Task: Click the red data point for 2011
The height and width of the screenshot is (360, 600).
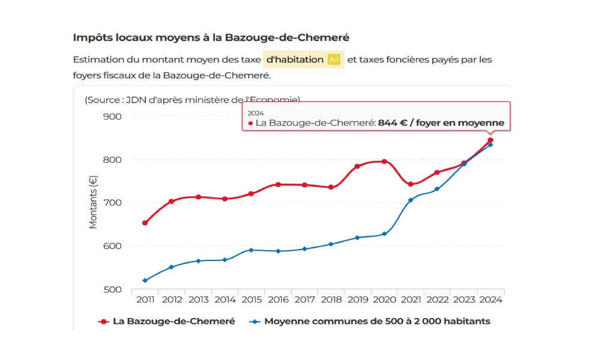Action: [x=145, y=223]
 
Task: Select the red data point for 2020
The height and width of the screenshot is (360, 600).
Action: [x=384, y=161]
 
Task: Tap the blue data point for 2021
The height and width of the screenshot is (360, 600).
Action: [x=411, y=200]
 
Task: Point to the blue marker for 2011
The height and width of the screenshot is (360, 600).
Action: [x=145, y=280]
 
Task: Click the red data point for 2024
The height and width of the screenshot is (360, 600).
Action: [x=490, y=140]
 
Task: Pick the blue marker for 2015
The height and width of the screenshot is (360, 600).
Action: [x=251, y=250]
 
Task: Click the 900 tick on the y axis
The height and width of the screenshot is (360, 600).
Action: [x=113, y=116]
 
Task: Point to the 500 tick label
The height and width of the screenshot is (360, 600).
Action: [x=113, y=289]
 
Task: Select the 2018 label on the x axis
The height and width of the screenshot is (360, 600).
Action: [x=331, y=299]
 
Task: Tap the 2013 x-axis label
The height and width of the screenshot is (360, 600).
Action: [x=198, y=299]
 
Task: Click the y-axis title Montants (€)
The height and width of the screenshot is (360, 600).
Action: [x=93, y=202]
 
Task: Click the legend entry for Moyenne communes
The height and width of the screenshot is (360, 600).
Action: [x=370, y=321]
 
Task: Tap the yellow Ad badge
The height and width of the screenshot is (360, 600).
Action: [x=334, y=59]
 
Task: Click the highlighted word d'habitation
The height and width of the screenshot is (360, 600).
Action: [x=295, y=59]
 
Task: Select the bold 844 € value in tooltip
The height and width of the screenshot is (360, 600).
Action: [x=393, y=123]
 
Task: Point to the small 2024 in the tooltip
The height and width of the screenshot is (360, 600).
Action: [x=256, y=113]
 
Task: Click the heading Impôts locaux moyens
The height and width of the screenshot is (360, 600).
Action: [x=211, y=37]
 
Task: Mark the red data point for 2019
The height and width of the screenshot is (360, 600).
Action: [x=358, y=166]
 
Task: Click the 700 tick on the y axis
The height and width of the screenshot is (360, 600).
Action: [x=113, y=203]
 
